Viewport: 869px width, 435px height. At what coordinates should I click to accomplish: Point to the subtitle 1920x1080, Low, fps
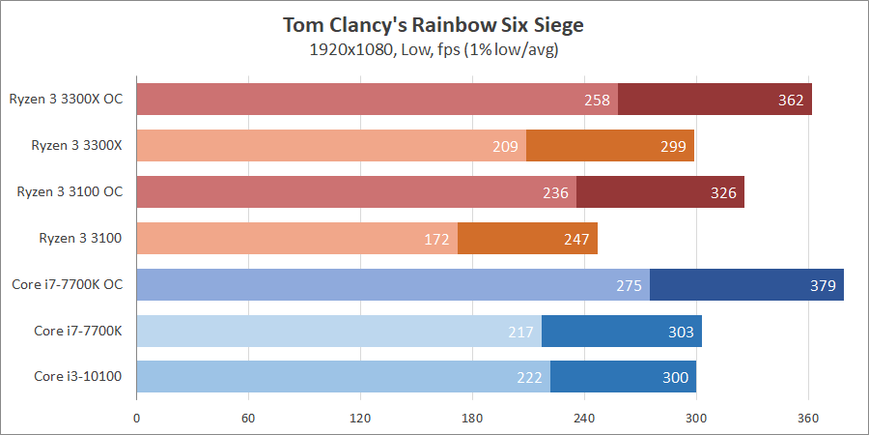point(434,48)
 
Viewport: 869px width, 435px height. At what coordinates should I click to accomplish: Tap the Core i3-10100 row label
point(78,376)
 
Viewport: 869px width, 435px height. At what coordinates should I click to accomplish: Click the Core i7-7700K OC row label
point(71,284)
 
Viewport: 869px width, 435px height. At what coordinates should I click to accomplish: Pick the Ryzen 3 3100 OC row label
point(70,191)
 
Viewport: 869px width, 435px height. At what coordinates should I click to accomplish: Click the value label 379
point(824,285)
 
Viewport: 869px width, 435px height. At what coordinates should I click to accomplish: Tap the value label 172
point(437,239)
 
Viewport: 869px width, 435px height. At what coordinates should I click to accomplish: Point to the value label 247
point(577,239)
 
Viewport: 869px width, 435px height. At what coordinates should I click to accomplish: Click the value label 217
point(521,332)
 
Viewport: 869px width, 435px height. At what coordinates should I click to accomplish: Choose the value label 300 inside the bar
point(676,377)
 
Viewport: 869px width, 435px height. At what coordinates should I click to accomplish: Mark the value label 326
point(723,192)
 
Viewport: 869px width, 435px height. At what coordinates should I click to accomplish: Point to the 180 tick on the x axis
point(472,419)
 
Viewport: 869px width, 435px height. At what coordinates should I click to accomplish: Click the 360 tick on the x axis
point(808,419)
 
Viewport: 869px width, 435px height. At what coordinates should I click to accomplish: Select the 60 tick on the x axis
point(248,419)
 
